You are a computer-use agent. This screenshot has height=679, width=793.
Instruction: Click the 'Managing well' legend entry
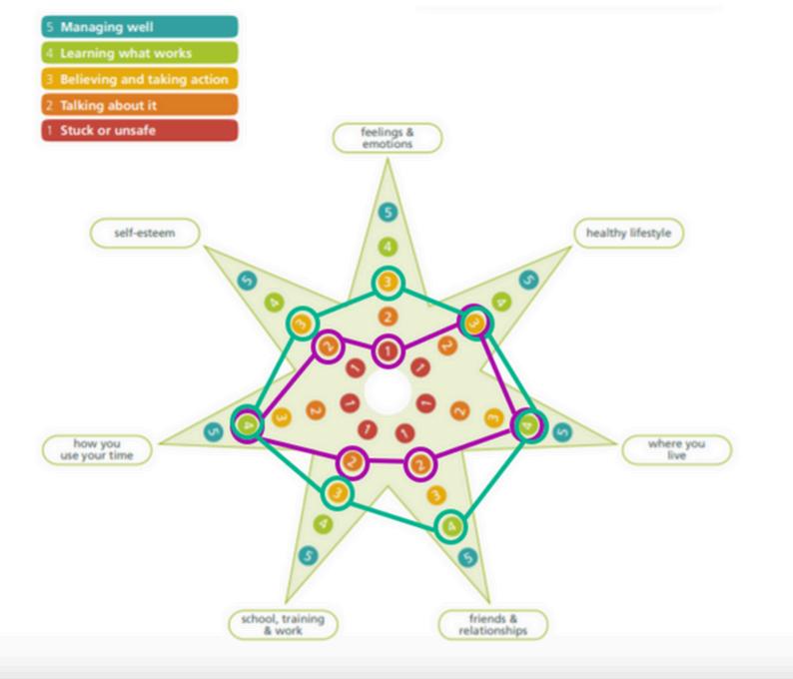[140, 27]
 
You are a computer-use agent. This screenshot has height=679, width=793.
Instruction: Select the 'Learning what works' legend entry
[140, 53]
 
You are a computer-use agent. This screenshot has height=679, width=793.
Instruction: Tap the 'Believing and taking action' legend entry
[140, 79]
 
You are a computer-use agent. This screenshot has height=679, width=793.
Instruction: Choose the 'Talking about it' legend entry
[140, 105]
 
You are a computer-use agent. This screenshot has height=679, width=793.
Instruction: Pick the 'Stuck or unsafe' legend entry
[140, 131]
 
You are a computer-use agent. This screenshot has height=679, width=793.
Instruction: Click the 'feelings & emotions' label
[387, 138]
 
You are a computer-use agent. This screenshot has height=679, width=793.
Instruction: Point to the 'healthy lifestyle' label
[629, 234]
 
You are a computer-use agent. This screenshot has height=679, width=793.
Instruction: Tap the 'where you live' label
[676, 449]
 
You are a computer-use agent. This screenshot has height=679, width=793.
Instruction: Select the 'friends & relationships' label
[493, 625]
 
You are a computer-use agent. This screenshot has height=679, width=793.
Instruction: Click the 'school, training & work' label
[283, 625]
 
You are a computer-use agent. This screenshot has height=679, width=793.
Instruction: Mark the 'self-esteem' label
[145, 234]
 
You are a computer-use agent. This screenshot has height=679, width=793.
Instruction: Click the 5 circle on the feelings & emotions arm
[387, 212]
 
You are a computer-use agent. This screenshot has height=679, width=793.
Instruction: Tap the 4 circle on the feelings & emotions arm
[387, 247]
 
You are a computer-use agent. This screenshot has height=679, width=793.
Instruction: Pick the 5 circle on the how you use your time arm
[212, 432]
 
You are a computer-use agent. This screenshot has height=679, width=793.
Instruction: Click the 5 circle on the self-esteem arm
[247, 283]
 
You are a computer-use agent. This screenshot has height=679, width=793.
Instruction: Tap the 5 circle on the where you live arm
[562, 432]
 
